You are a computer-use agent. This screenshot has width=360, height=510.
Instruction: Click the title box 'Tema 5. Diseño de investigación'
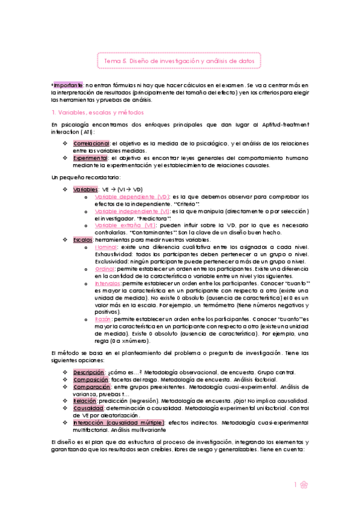tap(179, 61)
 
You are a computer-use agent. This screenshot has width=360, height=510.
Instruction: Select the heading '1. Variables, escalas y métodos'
tap(97, 112)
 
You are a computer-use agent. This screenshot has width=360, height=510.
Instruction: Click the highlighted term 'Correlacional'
tap(91, 144)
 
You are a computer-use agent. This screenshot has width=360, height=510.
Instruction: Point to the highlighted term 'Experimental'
tap(91, 158)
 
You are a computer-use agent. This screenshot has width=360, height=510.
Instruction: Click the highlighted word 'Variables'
tap(85, 189)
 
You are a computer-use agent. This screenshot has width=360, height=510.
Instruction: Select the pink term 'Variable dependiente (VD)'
tap(132, 197)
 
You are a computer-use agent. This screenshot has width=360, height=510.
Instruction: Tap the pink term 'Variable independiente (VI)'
tap(133, 212)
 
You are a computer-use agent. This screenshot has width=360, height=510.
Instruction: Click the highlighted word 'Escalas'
tap(83, 240)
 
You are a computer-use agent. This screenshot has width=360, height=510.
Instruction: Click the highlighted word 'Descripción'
tap(88, 373)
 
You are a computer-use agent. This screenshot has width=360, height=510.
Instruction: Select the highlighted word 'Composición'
tap(90, 380)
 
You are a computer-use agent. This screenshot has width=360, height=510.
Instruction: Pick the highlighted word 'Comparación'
tap(91, 387)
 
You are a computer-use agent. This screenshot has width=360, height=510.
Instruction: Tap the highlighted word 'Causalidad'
tap(88, 408)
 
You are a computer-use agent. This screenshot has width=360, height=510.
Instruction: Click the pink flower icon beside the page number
tap(304, 485)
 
